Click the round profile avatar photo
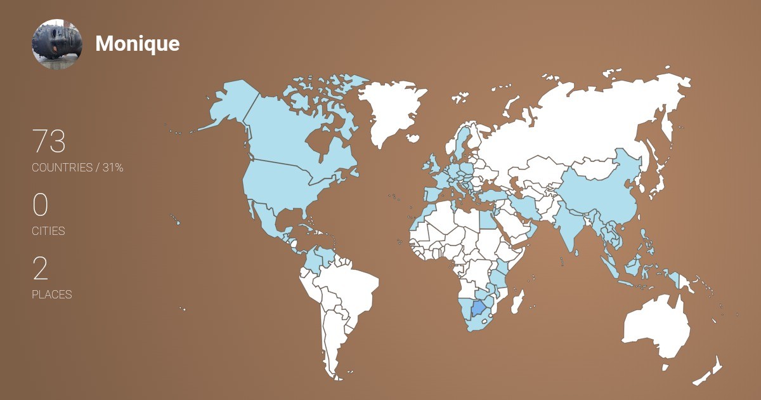(57, 44)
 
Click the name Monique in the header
(137, 44)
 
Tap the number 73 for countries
(49, 142)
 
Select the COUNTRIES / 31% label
(77, 168)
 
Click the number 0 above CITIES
(40, 205)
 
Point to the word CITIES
(48, 231)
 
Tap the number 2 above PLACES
(40, 269)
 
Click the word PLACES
(51, 295)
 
